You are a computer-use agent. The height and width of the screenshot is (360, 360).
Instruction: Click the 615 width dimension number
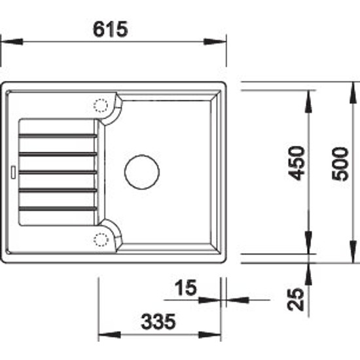(x=110, y=29)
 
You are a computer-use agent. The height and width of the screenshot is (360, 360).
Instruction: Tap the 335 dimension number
(x=158, y=321)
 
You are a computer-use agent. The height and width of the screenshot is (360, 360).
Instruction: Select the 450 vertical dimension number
(x=297, y=163)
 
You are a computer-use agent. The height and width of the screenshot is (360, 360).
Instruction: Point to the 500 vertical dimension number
(x=340, y=164)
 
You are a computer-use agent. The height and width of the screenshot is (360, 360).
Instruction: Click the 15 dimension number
(x=185, y=287)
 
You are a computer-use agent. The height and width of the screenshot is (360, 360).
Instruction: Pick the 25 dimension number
(x=296, y=299)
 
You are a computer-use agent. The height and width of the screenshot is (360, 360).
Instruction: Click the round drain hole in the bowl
(x=142, y=172)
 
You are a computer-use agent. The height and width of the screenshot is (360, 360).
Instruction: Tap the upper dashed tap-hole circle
(x=101, y=105)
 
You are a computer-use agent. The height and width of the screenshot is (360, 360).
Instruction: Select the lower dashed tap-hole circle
(x=101, y=240)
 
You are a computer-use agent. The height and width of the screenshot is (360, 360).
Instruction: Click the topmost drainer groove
(x=58, y=135)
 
